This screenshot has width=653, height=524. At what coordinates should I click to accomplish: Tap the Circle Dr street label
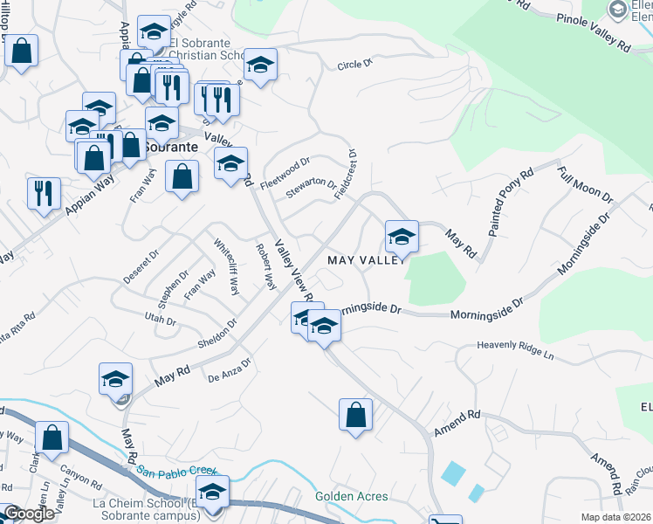[x=354, y=64]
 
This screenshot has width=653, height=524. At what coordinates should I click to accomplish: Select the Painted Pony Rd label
[x=511, y=203]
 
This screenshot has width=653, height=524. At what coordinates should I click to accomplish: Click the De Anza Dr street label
[x=230, y=369]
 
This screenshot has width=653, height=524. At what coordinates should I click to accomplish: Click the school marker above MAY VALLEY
[x=402, y=236]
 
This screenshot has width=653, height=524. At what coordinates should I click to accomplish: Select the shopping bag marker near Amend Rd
[x=355, y=414]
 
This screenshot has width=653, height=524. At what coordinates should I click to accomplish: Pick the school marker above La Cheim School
[x=212, y=491]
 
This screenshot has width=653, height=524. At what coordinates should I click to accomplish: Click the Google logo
[x=29, y=514]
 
